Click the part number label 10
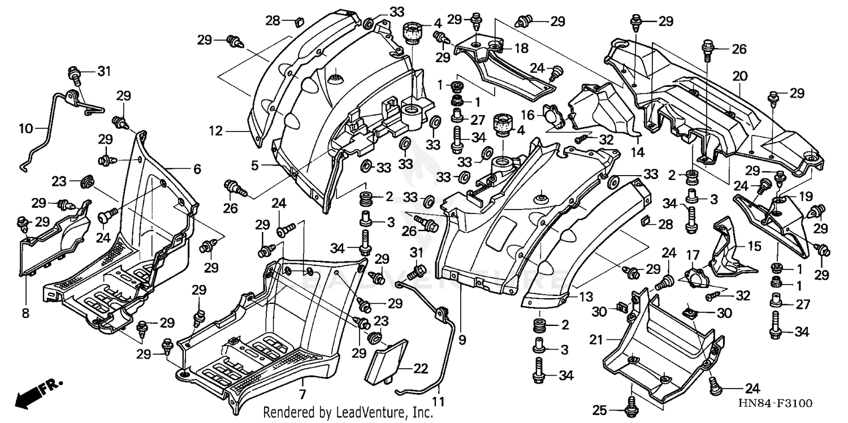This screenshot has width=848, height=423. pyautogui.click(x=26, y=129)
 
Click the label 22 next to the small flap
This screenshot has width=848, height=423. pyautogui.click(x=420, y=368)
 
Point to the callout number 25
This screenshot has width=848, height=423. pyautogui.click(x=599, y=409)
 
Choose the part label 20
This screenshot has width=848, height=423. pyautogui.click(x=740, y=76)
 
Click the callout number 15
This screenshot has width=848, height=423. pyautogui.click(x=755, y=247)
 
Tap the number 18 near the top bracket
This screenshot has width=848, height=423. pyautogui.click(x=521, y=49)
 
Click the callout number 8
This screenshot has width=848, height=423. pyautogui.click(x=25, y=312)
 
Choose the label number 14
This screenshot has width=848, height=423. pyautogui.click(x=637, y=152)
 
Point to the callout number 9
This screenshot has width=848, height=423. pyautogui.click(x=462, y=340)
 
